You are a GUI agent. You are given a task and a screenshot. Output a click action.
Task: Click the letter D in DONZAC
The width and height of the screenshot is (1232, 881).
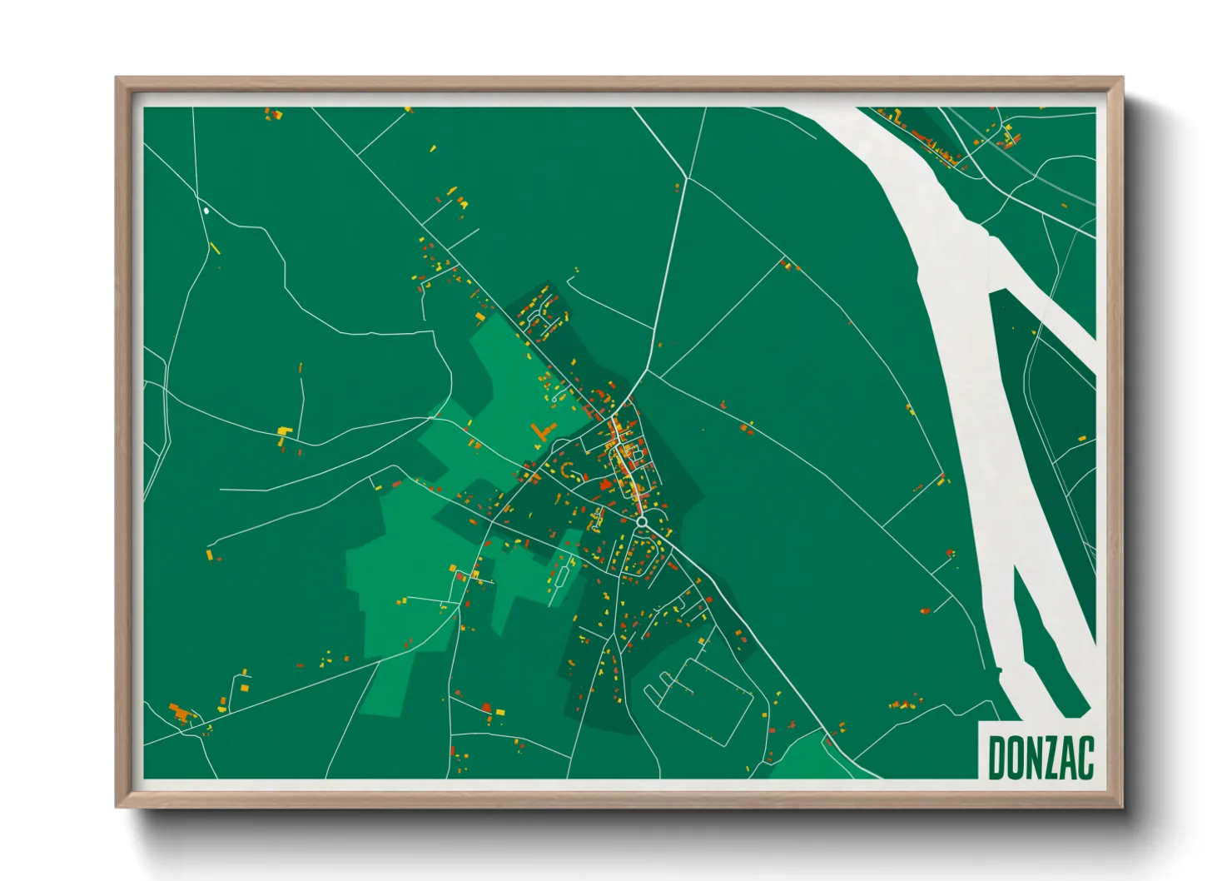coord(996,759)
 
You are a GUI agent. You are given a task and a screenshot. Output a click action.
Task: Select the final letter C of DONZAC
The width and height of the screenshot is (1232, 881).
coord(1084,759)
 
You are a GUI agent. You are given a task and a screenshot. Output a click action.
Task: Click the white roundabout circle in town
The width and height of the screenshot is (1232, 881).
coord(642,521)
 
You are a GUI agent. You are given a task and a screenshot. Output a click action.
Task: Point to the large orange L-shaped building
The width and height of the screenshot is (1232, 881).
coord(542,431)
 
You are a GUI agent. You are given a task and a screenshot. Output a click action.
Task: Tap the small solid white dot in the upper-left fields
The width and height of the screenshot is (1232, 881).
coord(206,211)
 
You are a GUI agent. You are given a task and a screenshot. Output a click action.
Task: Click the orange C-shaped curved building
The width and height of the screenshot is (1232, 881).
coord(569,470)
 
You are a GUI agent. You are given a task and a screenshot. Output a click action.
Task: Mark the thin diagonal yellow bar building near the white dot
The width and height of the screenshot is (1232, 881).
coord(215,247)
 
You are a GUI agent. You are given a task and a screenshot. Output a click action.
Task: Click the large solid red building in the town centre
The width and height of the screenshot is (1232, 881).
coord(606,485)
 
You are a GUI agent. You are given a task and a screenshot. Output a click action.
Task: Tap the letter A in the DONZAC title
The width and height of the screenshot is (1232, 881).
coord(1063,759)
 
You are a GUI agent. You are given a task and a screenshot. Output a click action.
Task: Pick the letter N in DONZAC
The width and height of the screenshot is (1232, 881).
coord(1030,759)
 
